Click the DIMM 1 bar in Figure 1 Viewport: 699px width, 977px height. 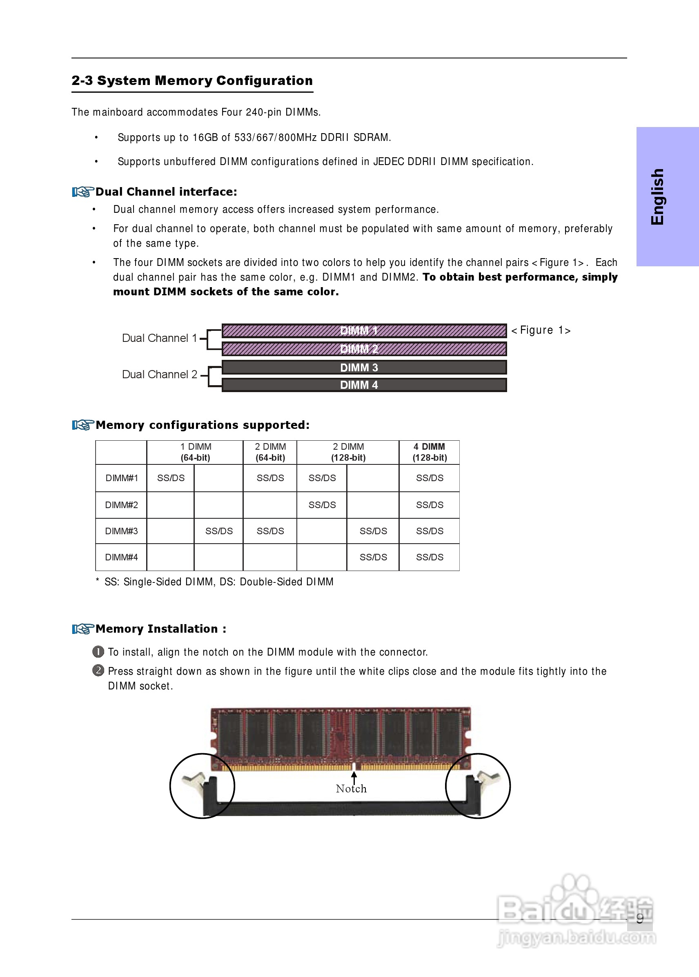(364, 330)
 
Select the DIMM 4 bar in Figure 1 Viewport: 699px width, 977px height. (364, 384)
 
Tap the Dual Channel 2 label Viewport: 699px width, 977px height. (159, 374)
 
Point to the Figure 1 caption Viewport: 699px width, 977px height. (540, 330)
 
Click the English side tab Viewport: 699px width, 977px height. (657, 196)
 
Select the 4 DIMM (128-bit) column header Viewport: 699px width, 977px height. (429, 452)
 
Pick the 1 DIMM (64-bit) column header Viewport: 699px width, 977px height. (195, 452)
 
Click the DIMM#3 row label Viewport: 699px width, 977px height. (121, 531)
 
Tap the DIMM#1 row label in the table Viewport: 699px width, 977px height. (121, 478)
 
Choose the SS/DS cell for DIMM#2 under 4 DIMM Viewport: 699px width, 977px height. (429, 505)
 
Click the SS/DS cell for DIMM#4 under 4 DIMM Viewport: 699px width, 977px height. (429, 557)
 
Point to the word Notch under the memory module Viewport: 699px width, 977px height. (351, 788)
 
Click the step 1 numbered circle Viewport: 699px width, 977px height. (98, 651)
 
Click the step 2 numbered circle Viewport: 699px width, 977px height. (98, 670)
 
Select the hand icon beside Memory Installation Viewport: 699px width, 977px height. (82, 629)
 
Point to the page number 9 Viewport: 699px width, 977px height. (640, 919)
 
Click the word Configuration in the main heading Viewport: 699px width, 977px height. (264, 80)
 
